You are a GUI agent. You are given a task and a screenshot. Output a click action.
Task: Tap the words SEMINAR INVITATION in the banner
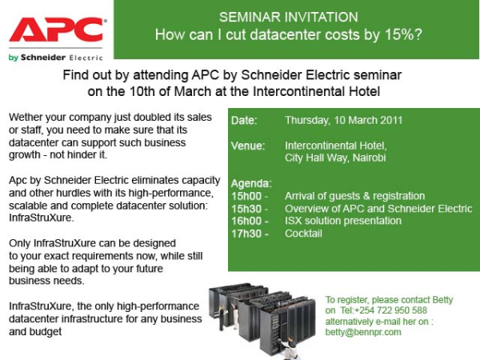tap(288, 17)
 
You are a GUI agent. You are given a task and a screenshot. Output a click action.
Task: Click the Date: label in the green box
tap(244, 120)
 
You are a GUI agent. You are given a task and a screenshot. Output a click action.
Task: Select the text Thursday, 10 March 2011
tap(343, 120)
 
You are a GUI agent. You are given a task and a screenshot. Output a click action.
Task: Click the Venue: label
tap(248, 146)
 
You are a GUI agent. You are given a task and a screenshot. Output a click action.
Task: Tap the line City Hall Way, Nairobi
tap(335, 158)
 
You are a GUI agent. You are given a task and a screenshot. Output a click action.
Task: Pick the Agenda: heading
tap(251, 183)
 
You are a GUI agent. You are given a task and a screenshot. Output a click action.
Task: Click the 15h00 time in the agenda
tap(246, 196)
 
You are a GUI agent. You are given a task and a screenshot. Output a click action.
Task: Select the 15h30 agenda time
tap(246, 209)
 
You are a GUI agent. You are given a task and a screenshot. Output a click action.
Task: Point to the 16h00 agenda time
tap(246, 221)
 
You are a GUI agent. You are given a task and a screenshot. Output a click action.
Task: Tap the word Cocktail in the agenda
tap(303, 234)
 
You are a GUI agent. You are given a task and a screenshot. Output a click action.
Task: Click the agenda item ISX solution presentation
tap(343, 221)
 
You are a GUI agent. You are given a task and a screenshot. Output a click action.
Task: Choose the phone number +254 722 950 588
tap(390, 310)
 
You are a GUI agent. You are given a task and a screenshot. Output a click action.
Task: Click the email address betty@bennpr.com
tap(363, 332)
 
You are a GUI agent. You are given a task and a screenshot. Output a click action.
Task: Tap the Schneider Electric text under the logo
tap(62, 58)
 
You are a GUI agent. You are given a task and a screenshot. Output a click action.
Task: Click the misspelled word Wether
tap(26, 118)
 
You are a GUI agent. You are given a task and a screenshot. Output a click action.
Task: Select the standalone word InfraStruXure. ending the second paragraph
tap(42, 218)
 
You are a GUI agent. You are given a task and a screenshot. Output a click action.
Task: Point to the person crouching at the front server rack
tap(288, 347)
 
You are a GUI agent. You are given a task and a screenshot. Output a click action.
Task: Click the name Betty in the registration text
tap(442, 300)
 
